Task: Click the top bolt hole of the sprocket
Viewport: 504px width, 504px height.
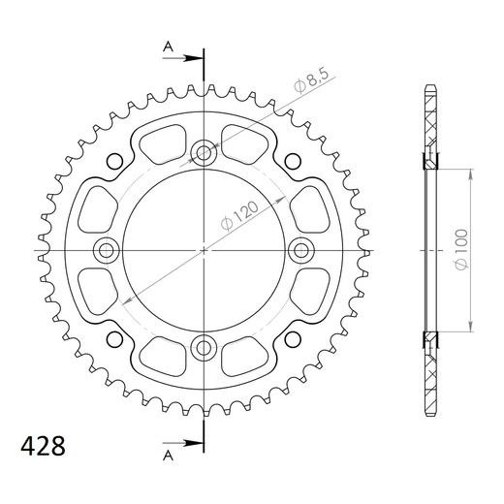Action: pyautogui.click(x=205, y=151)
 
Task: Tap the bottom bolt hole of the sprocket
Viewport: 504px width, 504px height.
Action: pyautogui.click(x=205, y=347)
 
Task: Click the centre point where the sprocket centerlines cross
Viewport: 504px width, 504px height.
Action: pyautogui.click(x=205, y=250)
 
